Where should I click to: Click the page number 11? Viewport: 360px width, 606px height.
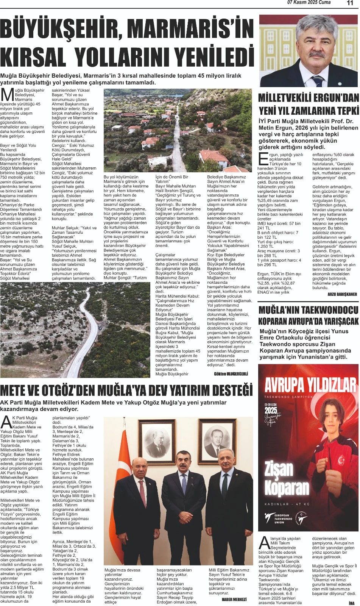(x=350, y=3)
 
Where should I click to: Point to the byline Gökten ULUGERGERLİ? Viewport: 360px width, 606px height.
(x=231, y=374)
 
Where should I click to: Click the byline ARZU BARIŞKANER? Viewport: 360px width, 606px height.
(x=342, y=294)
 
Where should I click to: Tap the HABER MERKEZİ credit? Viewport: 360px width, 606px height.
(x=234, y=599)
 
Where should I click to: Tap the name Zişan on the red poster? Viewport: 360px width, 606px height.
(x=279, y=470)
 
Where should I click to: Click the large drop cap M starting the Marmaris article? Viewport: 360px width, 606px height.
(x=6, y=95)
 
